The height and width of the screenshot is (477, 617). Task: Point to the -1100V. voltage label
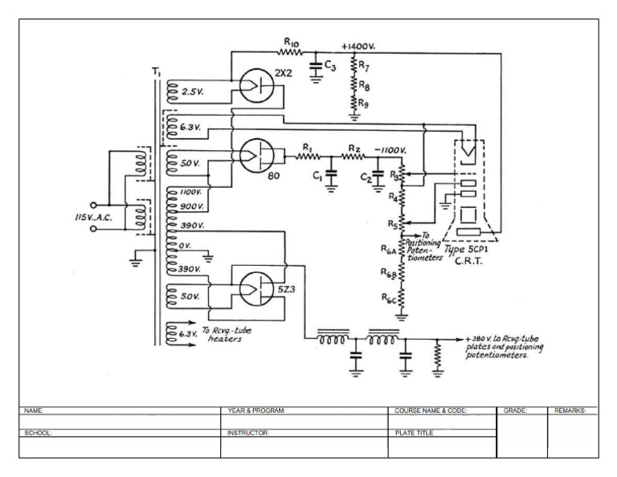[x=389, y=150]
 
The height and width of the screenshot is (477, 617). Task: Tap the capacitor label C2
[x=364, y=176]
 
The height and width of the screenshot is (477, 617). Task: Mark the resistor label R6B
[x=388, y=272]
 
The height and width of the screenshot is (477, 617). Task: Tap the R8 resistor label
[x=364, y=84]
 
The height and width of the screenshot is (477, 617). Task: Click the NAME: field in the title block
[x=33, y=410]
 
